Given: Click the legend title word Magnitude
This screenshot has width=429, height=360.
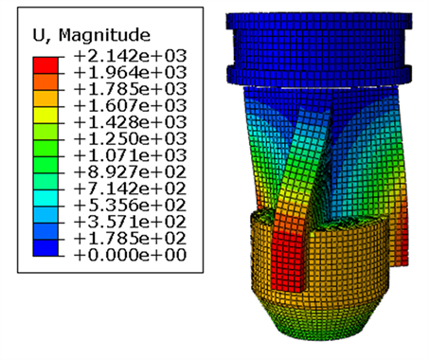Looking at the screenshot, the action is [x=104, y=35].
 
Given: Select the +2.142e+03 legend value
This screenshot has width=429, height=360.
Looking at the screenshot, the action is [x=130, y=56].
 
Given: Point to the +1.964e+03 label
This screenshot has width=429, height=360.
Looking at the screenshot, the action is [x=130, y=73].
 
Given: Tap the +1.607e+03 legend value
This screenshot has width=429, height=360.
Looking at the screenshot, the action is [x=130, y=106].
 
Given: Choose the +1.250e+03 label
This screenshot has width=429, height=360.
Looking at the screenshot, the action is [x=130, y=139].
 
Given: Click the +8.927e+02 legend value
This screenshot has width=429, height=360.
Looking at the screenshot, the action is [x=130, y=172].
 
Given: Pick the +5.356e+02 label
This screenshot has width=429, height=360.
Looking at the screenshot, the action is [x=130, y=206].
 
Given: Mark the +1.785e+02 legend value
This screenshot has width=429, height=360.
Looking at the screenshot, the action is [x=130, y=239].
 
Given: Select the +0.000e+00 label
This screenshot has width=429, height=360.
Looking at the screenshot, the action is [x=130, y=255].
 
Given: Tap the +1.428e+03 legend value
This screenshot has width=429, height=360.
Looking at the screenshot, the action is [x=130, y=122].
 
